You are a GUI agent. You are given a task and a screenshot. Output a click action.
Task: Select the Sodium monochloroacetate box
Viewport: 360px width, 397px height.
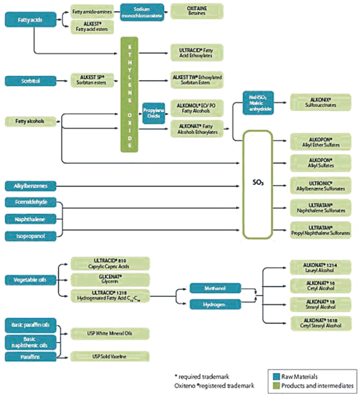[141, 11]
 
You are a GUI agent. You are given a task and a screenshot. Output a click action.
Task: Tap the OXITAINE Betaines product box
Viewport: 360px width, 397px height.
[197, 11]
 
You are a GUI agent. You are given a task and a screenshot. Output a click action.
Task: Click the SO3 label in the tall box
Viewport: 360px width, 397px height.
[258, 183]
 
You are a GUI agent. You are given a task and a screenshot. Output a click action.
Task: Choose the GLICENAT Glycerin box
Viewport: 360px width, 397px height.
[110, 279]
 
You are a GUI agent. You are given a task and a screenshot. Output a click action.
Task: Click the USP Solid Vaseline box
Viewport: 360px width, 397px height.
[110, 356]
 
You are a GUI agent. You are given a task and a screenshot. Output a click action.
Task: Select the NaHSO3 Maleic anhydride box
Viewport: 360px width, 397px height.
[258, 100]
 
